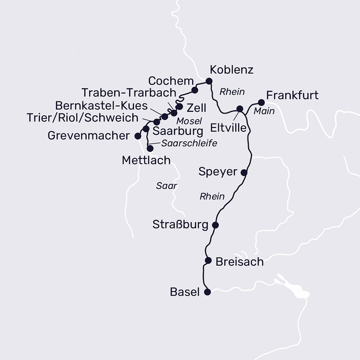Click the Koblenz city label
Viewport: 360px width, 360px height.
tap(232, 70)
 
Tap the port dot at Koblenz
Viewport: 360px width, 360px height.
tap(209, 81)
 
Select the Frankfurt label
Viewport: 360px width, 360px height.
tap(292, 95)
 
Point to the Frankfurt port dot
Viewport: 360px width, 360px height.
tap(261, 102)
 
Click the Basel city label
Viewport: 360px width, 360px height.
tap(185, 292)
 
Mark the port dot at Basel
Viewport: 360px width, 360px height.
tap(208, 292)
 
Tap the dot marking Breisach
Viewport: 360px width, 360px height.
tap(208, 260)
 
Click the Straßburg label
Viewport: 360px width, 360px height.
tap(181, 225)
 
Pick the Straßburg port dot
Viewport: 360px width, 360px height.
tap(215, 225)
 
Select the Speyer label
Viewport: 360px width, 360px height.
tap(218, 172)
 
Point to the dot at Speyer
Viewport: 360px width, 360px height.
tap(244, 172)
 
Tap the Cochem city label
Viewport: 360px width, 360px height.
tap(171, 80)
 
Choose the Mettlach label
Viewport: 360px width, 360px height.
tap(146, 161)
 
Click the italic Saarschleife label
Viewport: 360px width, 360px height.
tap(189, 143)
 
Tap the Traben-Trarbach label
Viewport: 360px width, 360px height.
tap(128, 92)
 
